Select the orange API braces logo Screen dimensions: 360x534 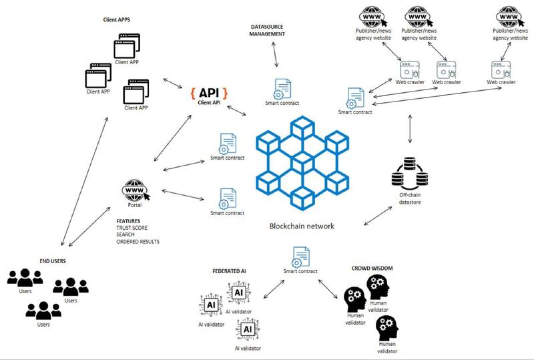click(209, 92)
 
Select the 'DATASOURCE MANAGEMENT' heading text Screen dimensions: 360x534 click(268, 29)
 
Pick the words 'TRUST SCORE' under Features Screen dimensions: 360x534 click(130, 227)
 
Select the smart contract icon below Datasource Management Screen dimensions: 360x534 click(281, 88)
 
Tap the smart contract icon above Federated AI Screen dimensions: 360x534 click(298, 256)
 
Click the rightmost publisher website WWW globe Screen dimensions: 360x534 click(509, 15)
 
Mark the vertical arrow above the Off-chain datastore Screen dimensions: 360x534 click(409, 132)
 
